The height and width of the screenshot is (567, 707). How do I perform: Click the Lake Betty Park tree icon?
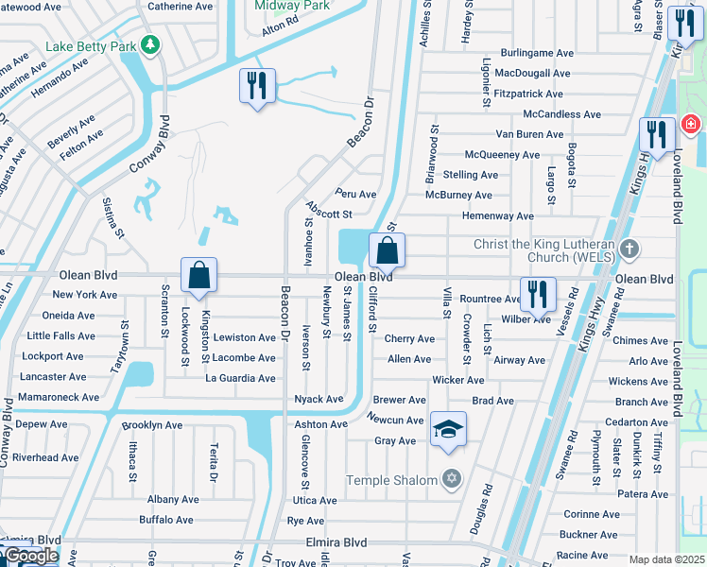click(148, 44)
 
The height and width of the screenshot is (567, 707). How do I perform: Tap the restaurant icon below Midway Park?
click(257, 86)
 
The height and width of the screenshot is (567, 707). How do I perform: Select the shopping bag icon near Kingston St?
click(199, 276)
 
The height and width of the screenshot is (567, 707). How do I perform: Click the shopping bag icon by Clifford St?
click(387, 251)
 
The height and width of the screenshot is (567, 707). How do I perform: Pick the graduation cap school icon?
click(448, 430)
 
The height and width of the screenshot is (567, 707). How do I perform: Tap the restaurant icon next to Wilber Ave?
click(538, 295)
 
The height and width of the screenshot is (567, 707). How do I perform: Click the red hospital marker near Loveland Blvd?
click(690, 124)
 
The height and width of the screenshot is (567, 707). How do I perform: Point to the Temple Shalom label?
click(392, 480)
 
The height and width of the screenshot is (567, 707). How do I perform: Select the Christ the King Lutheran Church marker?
click(629, 249)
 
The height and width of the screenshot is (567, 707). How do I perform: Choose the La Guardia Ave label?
click(241, 378)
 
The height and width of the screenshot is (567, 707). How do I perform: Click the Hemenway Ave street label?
click(498, 215)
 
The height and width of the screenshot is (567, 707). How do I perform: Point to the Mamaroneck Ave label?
click(59, 398)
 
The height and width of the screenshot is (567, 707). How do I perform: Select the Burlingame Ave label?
click(538, 53)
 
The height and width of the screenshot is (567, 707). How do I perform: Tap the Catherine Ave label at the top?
click(180, 7)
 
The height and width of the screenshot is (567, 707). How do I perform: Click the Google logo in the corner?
click(31, 557)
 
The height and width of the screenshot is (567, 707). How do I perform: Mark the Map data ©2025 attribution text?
click(666, 559)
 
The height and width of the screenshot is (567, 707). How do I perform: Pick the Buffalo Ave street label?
click(166, 520)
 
